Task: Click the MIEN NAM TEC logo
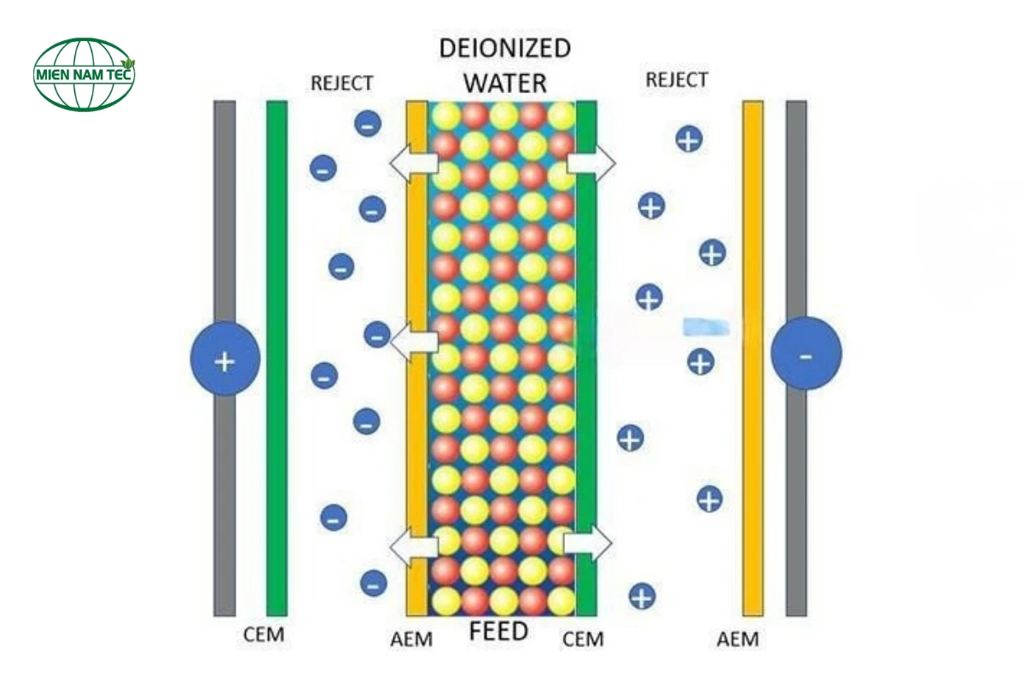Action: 84,74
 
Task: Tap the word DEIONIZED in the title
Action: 504,48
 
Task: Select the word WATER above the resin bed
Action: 504,83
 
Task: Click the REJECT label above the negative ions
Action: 341,83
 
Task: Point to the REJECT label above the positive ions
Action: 677,80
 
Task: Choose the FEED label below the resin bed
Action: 499,633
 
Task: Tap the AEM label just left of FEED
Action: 410,639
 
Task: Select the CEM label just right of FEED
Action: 584,639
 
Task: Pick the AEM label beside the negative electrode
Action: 737,639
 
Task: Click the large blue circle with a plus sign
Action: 224,360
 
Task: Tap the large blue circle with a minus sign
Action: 806,353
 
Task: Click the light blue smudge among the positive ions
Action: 707,325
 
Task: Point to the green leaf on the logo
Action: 129,65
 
